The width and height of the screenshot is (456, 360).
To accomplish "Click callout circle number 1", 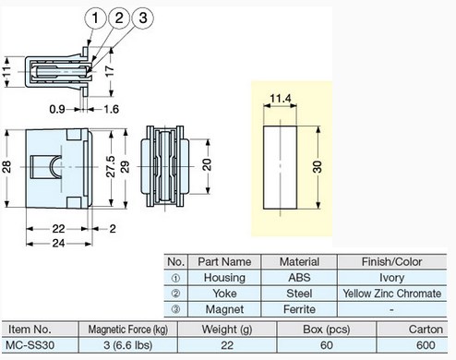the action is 95,18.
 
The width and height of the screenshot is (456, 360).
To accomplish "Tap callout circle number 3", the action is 143,18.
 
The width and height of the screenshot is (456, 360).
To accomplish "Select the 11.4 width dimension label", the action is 280,99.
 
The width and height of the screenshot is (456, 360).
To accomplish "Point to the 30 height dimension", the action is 318,167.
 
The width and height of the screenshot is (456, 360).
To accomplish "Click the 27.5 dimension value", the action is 111,166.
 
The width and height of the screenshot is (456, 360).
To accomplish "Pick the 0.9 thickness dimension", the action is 57,109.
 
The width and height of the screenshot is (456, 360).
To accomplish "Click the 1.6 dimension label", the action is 111,109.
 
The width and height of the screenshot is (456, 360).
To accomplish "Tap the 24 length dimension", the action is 58,244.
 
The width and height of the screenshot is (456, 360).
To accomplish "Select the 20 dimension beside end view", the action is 207,164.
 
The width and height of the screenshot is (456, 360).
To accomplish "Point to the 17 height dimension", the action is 109,71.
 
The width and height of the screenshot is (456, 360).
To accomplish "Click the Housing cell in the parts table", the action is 224,278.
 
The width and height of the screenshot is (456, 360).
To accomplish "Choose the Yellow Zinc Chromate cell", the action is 391,294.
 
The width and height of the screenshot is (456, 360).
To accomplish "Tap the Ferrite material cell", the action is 299,309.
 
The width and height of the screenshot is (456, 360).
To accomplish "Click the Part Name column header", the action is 224,262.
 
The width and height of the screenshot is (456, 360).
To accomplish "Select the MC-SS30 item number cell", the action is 30,345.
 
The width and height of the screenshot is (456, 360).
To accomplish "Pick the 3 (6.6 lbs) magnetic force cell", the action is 128,345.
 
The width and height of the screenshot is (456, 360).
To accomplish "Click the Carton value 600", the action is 426,345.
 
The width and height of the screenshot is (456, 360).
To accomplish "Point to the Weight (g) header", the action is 227,330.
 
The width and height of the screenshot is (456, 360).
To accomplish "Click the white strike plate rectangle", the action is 280,167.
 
